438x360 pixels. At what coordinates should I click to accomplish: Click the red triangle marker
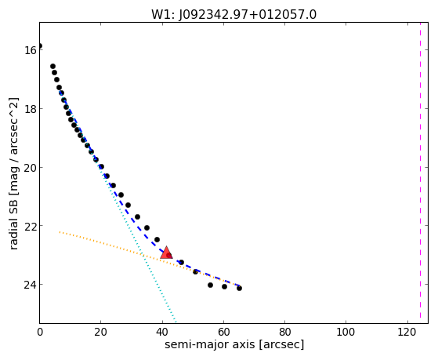166,253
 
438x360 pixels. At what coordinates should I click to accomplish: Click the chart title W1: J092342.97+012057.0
233,14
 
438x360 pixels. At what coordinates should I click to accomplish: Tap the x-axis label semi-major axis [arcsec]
234,344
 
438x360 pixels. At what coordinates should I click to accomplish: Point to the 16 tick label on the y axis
31,50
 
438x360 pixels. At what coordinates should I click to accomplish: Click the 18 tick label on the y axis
31,109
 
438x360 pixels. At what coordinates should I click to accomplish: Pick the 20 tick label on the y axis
31,168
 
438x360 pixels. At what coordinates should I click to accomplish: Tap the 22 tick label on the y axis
31,226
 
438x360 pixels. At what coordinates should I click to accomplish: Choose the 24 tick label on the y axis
31,285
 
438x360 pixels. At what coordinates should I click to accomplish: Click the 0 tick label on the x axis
40,332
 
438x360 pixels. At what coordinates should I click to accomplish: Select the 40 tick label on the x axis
162,332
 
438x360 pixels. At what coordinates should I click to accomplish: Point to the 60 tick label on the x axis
223,332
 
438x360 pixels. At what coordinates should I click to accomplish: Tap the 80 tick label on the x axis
284,332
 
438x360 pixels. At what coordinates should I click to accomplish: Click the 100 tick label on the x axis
346,332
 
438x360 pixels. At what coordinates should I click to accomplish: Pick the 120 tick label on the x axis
407,332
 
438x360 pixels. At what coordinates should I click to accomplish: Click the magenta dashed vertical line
420,173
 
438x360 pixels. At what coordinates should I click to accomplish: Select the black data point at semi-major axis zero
40,45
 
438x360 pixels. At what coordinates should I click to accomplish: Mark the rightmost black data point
239,288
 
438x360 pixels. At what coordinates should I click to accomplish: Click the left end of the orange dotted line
60,232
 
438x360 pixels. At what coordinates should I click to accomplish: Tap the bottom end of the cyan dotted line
176,322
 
